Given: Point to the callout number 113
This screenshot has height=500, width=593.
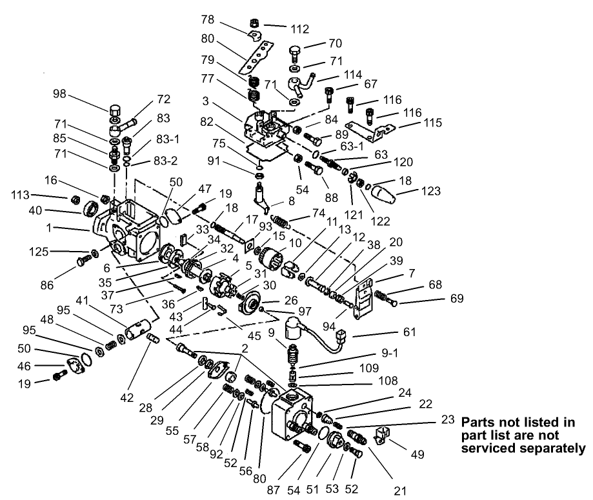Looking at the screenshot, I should (x=23, y=194).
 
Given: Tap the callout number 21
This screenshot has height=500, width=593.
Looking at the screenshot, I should (x=401, y=491).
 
